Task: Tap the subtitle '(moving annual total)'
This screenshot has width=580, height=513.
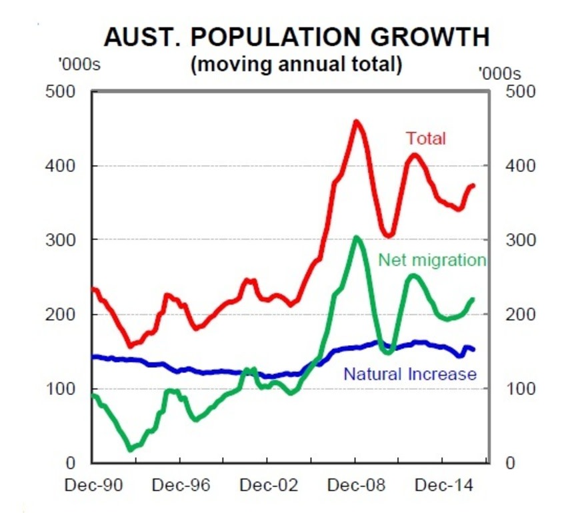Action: click(297, 65)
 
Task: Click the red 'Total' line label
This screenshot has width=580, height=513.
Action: click(426, 139)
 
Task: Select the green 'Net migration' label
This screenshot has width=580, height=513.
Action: click(432, 260)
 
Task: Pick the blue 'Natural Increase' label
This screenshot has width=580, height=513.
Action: click(410, 374)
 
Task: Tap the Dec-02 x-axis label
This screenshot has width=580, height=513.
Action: click(268, 485)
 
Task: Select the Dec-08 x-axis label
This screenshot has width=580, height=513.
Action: click(356, 485)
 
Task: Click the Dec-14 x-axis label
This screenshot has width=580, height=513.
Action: click(443, 485)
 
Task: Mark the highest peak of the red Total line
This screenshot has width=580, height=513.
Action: click(356, 121)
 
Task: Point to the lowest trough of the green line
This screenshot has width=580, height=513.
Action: click(131, 450)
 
